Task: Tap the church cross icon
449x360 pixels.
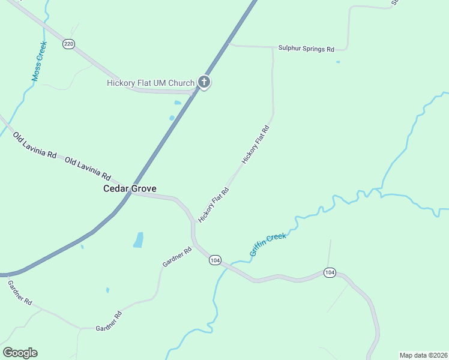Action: [204, 83]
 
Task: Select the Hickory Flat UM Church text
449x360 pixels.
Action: [151, 83]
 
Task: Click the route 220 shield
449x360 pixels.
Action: [68, 44]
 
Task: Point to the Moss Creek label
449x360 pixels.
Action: [38, 61]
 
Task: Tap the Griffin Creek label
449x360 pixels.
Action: [268, 245]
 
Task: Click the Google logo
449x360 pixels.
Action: [20, 353]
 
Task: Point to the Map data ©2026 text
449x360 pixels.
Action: [423, 355]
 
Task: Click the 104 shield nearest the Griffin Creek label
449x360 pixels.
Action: [215, 260]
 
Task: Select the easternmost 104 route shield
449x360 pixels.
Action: [329, 272]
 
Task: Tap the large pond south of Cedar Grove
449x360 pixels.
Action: [139, 240]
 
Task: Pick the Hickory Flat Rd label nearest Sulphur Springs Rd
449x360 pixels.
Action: [256, 145]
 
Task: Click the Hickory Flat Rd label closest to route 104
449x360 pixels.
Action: [214, 205]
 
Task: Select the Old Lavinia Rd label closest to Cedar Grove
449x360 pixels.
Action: [88, 169]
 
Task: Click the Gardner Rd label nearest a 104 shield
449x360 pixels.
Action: [176, 256]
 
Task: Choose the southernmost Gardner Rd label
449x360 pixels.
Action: [109, 321]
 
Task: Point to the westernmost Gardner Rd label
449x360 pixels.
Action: [20, 293]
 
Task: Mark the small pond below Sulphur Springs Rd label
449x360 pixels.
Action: [338, 62]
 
